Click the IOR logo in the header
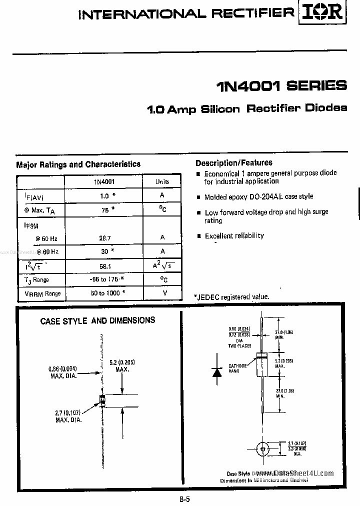tap(323, 13)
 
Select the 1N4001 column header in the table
tap(104, 182)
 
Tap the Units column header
tap(162, 182)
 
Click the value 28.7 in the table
tap(104, 237)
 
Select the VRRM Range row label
tap(42, 293)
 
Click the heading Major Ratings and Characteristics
tap(78, 164)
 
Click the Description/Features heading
tap(234, 162)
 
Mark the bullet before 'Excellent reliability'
tap(199, 236)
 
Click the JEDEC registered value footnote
tap(231, 296)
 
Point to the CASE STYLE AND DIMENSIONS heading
tap(97, 320)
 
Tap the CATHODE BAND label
tap(237, 368)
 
